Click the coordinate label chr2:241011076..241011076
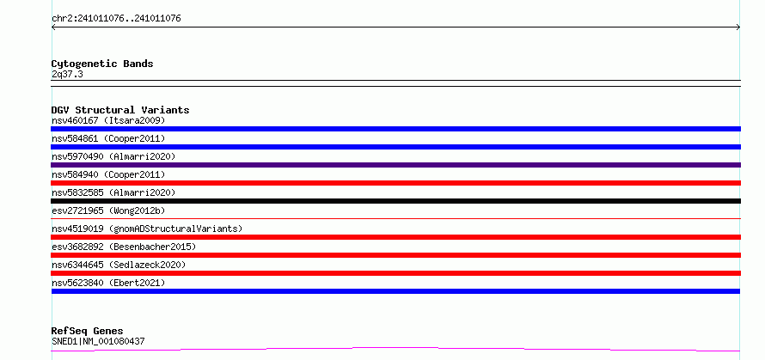[x=116, y=19]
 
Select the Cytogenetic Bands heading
[x=102, y=64]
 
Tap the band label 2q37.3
[x=67, y=74]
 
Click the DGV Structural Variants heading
[x=120, y=110]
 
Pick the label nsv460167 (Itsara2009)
[x=108, y=120]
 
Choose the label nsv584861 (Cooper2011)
[x=108, y=138]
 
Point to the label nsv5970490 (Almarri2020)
[x=113, y=156]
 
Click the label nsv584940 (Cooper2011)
[x=108, y=174]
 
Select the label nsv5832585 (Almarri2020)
[x=113, y=192]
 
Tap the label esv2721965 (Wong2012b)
[x=108, y=211]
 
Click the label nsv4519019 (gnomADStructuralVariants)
[x=147, y=229]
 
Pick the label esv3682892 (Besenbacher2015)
[x=124, y=247]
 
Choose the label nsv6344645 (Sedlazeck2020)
[x=119, y=265]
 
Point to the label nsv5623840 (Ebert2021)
[x=108, y=283]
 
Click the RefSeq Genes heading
[x=87, y=331]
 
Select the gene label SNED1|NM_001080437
[x=98, y=341]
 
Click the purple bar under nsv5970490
[x=395, y=165]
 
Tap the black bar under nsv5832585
[x=395, y=201]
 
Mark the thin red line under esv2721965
[x=395, y=219]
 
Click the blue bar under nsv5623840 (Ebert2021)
[x=395, y=291]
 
